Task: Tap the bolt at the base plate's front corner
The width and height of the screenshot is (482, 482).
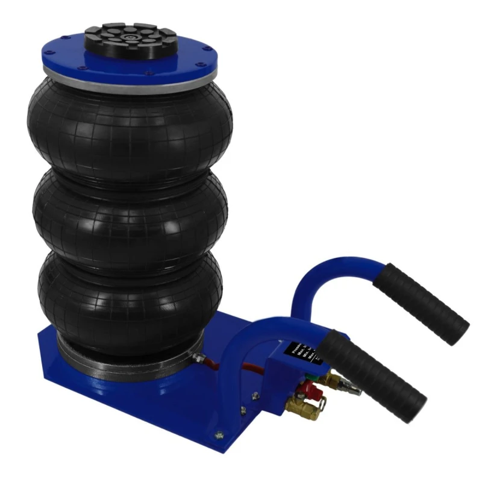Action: (x=219, y=433)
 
